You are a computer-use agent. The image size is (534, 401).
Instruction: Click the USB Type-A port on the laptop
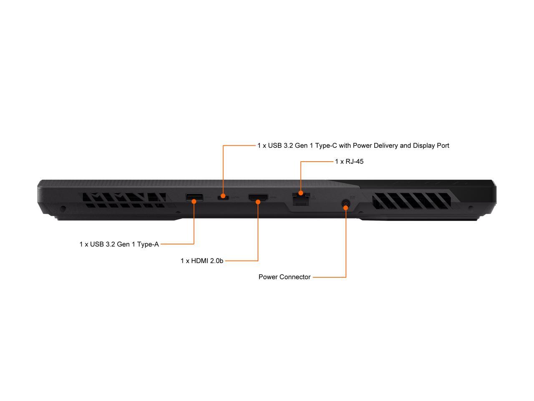(x=194, y=197)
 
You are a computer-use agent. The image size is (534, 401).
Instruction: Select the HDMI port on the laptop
(x=258, y=198)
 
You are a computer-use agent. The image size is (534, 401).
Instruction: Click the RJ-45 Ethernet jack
(x=301, y=198)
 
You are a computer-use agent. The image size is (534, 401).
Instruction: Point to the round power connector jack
(x=346, y=204)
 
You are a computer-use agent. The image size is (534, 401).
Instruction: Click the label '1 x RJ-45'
(x=349, y=162)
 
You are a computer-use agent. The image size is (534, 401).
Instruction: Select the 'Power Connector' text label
(x=285, y=277)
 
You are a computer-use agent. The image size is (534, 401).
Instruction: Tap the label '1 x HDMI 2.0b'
(x=202, y=261)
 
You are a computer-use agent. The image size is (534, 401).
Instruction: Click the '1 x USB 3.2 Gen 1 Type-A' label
(x=119, y=244)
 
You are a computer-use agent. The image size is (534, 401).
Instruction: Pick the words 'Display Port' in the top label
(x=431, y=146)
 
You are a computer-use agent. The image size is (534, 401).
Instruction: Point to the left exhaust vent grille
(x=124, y=200)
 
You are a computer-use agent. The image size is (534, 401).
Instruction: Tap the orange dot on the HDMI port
(x=258, y=202)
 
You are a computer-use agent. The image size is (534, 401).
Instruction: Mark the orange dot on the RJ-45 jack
(x=301, y=193)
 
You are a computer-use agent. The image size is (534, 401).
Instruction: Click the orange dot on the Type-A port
(x=194, y=201)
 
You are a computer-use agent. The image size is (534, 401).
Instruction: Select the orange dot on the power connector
(x=346, y=208)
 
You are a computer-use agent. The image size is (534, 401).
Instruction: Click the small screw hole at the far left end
(x=63, y=208)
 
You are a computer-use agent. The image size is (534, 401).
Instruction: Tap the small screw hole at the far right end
(x=471, y=208)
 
